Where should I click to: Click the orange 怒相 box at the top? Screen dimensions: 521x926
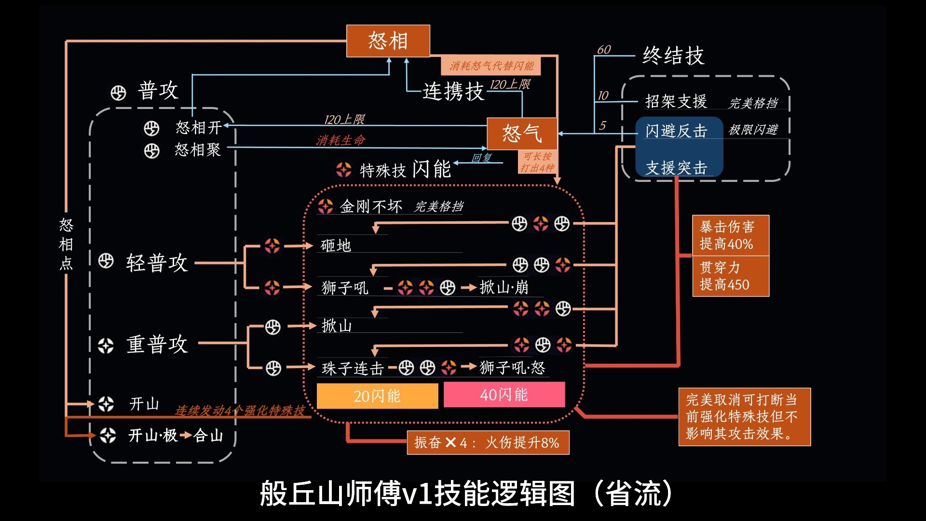[x=388, y=41]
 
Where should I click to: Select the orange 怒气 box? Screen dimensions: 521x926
[x=522, y=134]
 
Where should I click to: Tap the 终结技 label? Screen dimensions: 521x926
[x=673, y=56]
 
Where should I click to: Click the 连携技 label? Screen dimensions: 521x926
[x=453, y=92]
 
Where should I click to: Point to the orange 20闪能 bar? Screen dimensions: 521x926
[x=377, y=396]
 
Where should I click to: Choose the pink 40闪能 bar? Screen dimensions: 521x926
[x=504, y=395]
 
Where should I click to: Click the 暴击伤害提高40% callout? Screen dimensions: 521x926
[x=730, y=235]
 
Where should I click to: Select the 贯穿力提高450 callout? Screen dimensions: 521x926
[x=730, y=276]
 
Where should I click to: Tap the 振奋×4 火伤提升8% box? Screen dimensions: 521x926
[x=488, y=442]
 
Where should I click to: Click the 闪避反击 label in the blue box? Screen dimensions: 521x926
[x=676, y=131]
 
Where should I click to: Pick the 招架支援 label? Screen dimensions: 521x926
[x=676, y=101]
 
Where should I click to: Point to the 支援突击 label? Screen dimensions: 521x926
[x=676, y=168]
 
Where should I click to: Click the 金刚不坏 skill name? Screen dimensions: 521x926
[x=370, y=206]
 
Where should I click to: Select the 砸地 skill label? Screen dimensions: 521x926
[x=336, y=246]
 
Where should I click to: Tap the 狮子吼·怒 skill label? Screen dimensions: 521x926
[x=512, y=368]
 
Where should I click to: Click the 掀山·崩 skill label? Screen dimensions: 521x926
[x=504, y=288]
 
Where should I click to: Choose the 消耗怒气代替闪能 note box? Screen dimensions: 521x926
[x=491, y=66]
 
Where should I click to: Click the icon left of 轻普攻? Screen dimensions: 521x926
[x=106, y=261]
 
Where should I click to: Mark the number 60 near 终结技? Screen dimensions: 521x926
[x=604, y=50]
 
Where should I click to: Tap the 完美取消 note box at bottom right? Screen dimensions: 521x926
[x=744, y=417]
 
